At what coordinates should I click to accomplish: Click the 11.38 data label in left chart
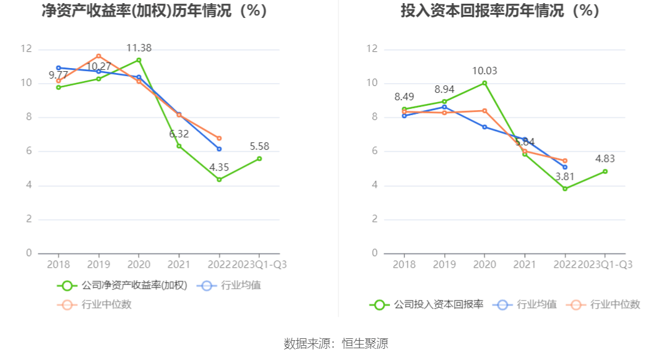click(139, 48)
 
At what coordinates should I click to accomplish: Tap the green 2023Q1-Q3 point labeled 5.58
click(259, 158)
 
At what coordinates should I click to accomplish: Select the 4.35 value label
click(219, 167)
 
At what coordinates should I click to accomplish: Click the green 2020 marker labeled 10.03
click(485, 83)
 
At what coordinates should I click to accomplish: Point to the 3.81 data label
click(565, 176)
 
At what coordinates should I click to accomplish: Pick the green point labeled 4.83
click(605, 171)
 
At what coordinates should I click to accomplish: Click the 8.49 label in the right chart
click(404, 96)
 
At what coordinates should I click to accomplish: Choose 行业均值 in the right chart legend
click(536, 304)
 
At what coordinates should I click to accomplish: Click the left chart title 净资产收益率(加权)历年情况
click(154, 11)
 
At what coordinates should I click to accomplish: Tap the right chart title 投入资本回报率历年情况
click(500, 11)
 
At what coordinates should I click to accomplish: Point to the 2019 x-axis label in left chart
click(98, 264)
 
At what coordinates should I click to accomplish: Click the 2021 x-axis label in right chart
click(525, 264)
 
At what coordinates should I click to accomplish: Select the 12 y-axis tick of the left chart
click(26, 49)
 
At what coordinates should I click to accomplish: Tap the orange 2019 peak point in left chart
click(98, 56)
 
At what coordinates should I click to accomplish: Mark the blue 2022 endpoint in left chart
click(219, 149)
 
